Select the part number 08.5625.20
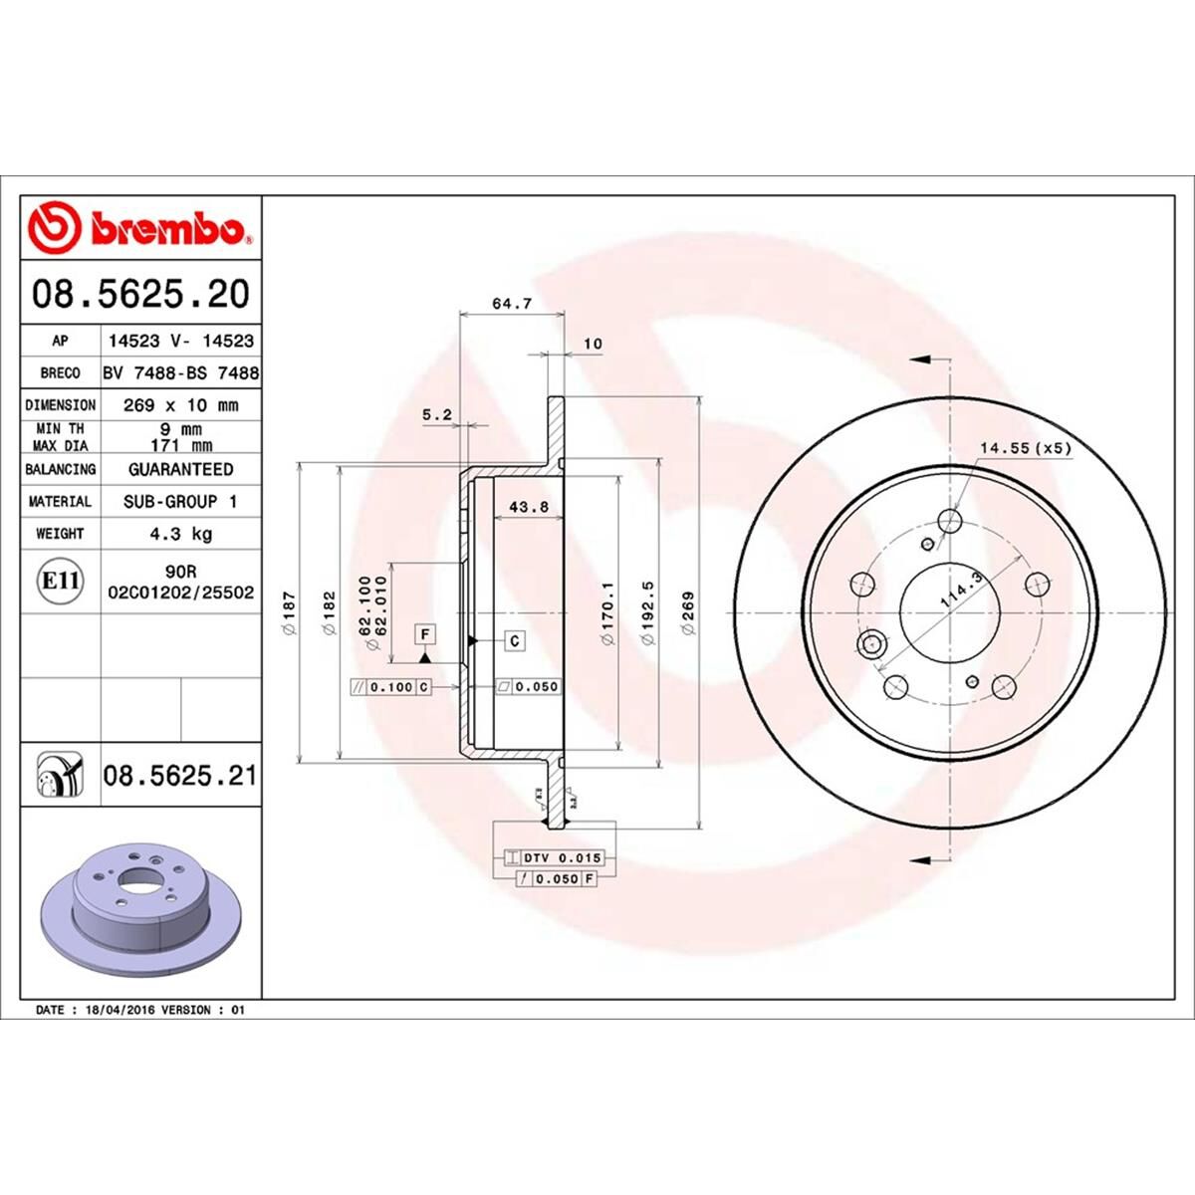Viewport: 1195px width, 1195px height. (140, 294)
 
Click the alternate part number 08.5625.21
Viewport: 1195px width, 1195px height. (179, 775)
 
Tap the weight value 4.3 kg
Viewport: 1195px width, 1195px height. (180, 534)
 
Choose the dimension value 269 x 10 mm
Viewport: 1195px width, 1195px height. (180, 405)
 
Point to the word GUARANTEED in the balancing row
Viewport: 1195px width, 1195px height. (180, 469)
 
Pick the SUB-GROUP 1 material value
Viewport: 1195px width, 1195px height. (180, 502)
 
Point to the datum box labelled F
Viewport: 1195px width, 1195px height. (425, 633)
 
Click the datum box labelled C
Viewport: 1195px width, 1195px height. (515, 640)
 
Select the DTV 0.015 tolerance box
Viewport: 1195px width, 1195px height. (564, 857)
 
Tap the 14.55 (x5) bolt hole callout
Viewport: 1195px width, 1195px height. (1025, 448)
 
